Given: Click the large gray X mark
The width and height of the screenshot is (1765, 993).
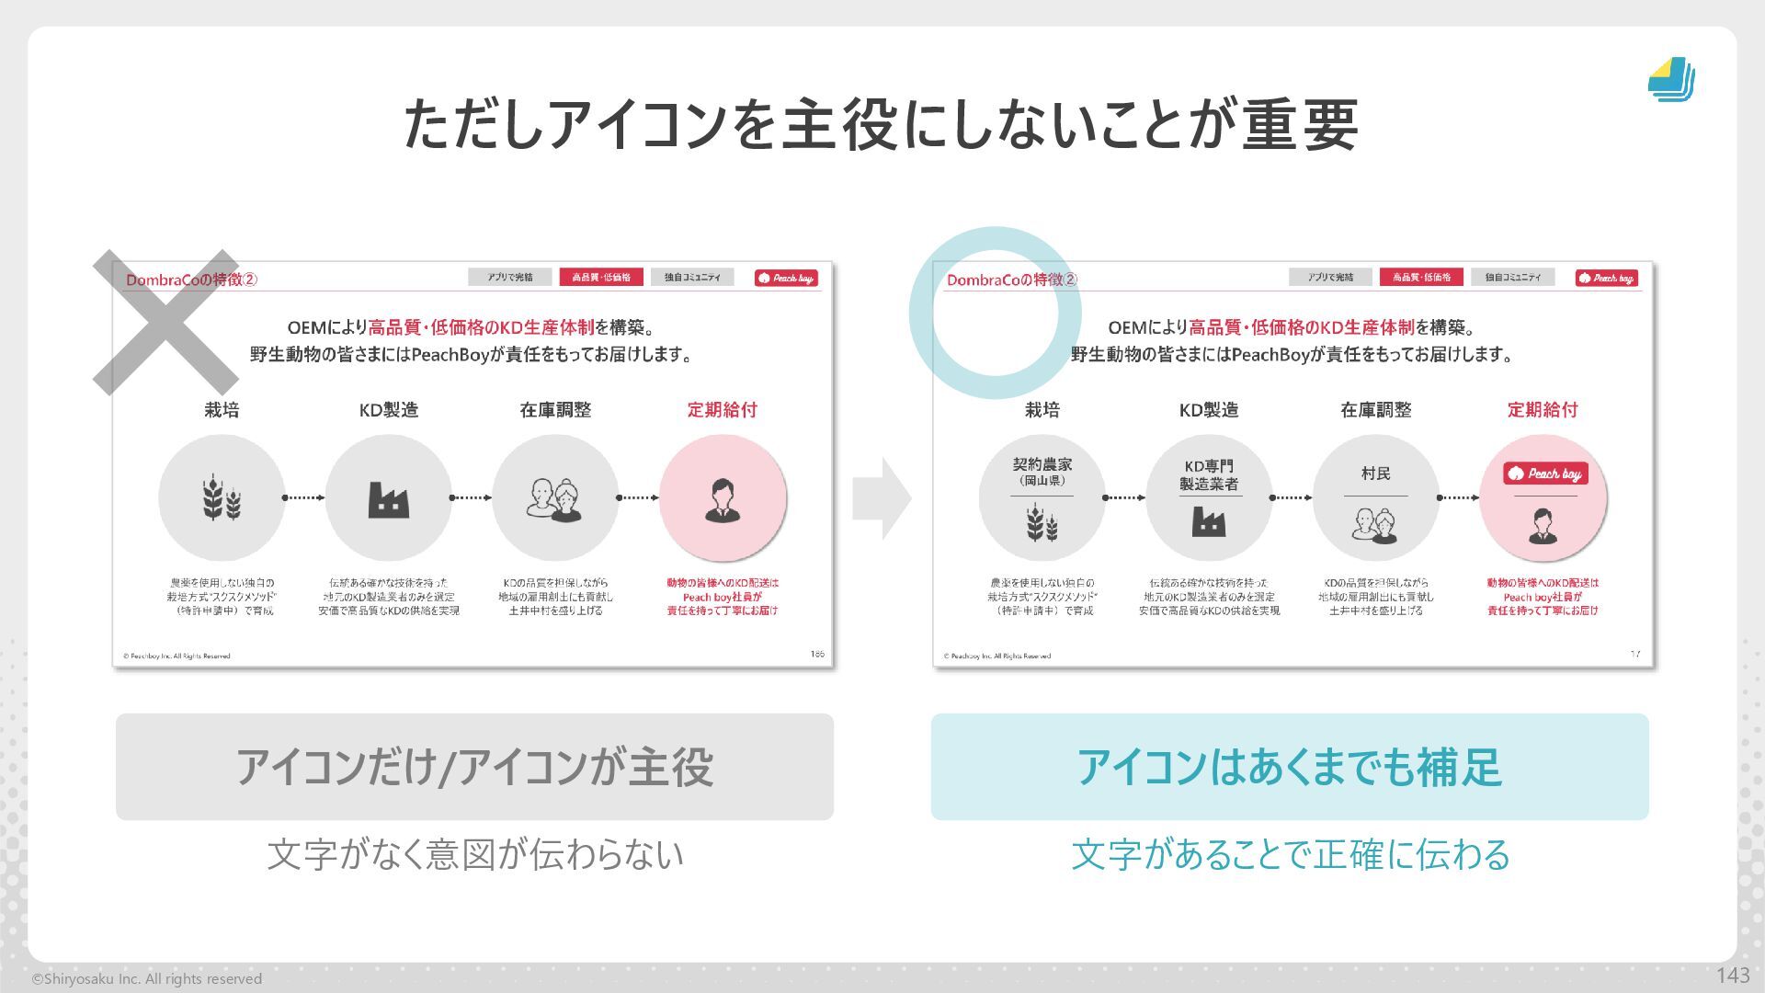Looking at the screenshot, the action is coord(165,322).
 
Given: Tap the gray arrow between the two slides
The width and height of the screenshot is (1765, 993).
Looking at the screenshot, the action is coord(881,498).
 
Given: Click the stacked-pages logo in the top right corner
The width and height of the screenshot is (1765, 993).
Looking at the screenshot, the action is coord(1671,80).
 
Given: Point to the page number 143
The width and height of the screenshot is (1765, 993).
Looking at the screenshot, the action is coord(1732,976).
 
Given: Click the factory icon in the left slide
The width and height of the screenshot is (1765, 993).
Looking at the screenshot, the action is coord(388,499).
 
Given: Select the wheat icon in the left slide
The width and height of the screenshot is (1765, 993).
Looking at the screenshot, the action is coord(222,498).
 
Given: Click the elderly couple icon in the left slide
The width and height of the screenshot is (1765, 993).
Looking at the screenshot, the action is coord(554,500).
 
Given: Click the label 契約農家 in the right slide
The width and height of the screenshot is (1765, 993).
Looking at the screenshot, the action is coord(1042,465).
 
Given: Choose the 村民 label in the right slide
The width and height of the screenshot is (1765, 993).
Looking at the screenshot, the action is coord(1375,474).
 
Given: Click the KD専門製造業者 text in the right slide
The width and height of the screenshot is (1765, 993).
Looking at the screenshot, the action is coord(1209,475).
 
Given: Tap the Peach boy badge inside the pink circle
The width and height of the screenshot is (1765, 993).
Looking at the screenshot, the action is coord(1544,474).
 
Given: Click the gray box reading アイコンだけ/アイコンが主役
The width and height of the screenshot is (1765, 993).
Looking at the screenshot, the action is coord(474,767).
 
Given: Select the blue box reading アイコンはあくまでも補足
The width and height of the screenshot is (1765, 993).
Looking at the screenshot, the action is coord(1289,767).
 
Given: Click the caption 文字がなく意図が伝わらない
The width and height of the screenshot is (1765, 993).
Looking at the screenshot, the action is coord(474,854).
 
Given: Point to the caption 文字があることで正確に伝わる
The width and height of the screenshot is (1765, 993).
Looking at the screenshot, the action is coord(1290,854).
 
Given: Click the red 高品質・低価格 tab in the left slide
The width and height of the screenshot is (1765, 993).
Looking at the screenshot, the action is coord(600,277).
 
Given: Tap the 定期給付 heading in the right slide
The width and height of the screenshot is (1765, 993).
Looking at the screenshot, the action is coord(1542,410).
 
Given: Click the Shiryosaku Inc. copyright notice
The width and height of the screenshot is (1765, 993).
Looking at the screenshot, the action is coord(147,979).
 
